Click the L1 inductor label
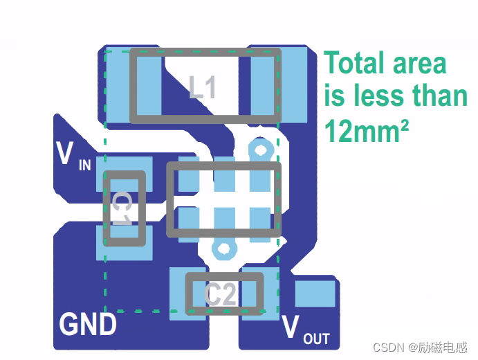coord(203,88)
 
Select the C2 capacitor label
coord(222,295)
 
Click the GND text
coord(88,325)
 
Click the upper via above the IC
coord(261,149)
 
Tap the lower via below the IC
coord(223,249)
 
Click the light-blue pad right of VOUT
coord(315,294)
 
